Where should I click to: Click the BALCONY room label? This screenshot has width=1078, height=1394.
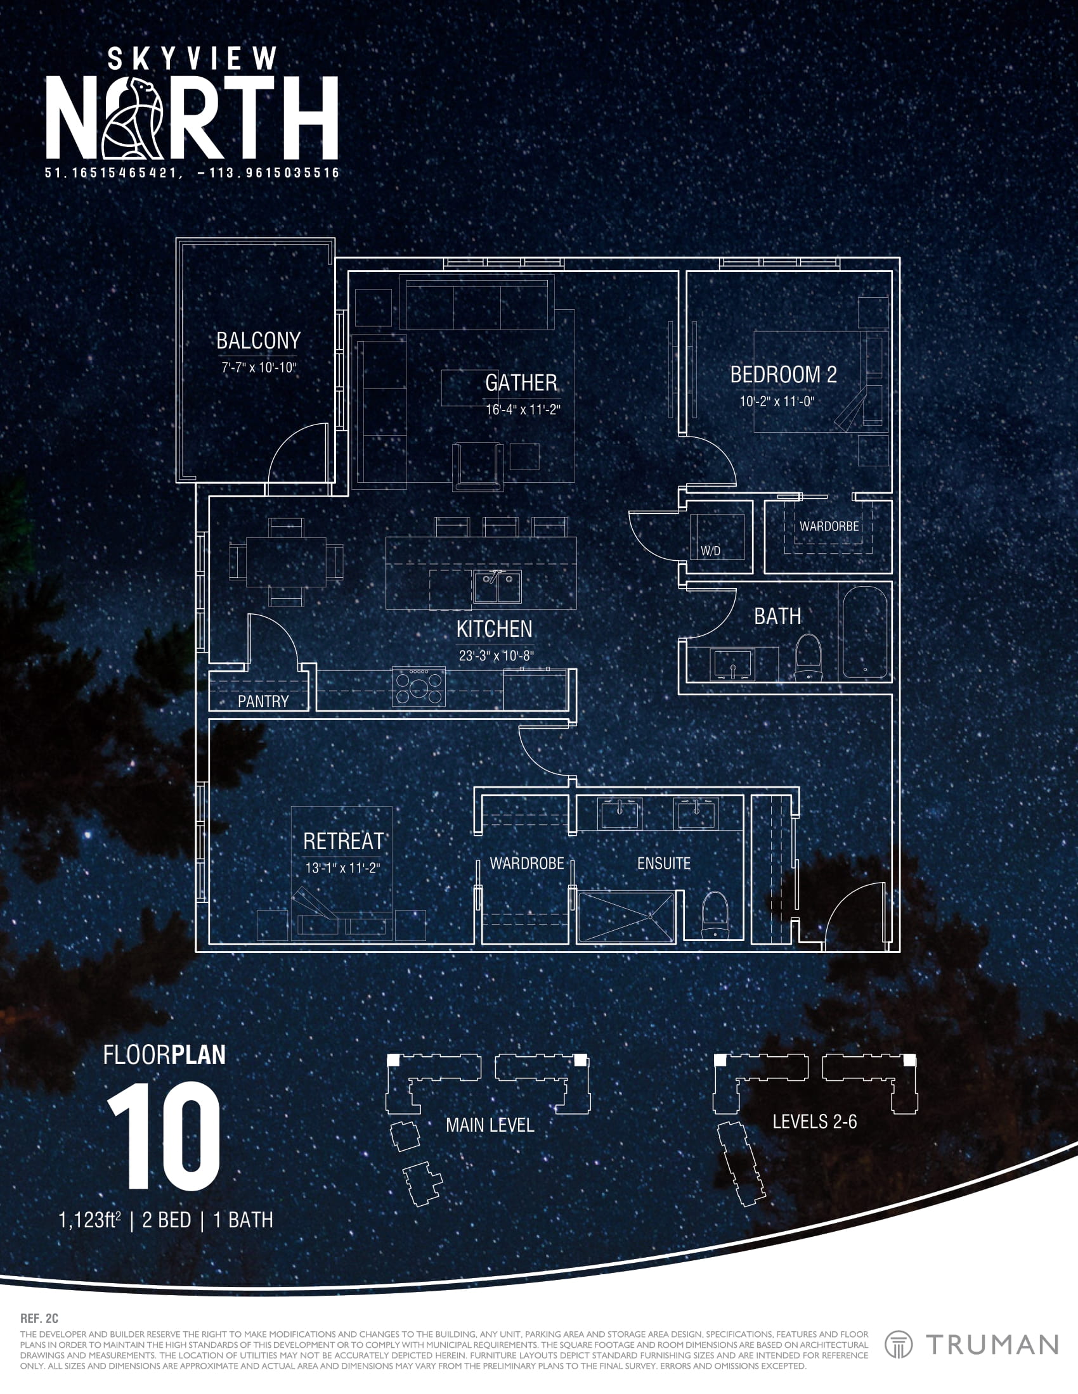click(x=258, y=341)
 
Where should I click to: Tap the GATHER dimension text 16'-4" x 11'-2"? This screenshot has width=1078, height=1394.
click(x=523, y=410)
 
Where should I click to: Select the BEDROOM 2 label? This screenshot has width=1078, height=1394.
click(x=783, y=374)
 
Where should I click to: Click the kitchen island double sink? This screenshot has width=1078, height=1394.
click(x=497, y=587)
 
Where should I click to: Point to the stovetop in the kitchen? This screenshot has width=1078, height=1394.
click(x=419, y=687)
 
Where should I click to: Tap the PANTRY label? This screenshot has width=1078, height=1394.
click(x=263, y=701)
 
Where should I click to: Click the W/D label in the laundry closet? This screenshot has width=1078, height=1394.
click(x=710, y=551)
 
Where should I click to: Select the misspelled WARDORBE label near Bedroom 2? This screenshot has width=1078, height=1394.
click(x=829, y=527)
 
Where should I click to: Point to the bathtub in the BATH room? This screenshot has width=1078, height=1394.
click(x=864, y=632)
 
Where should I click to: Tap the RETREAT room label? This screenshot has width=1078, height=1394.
click(x=344, y=841)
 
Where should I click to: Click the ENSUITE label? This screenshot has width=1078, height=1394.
click(x=663, y=864)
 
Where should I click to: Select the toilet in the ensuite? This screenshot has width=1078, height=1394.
click(x=715, y=914)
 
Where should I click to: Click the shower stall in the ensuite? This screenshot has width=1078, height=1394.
click(x=626, y=917)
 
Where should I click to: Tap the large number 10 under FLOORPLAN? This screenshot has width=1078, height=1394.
click(x=164, y=1136)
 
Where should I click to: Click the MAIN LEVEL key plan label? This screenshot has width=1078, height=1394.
click(x=490, y=1125)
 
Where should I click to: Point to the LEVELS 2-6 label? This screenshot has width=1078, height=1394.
click(x=814, y=1122)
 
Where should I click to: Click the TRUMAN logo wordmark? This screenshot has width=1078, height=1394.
click(x=992, y=1345)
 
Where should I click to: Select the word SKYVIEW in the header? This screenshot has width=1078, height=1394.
click(x=192, y=60)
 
